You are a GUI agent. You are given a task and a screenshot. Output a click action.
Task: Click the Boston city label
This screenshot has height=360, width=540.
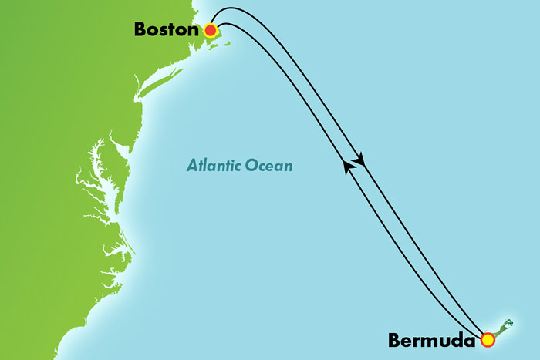(167, 30)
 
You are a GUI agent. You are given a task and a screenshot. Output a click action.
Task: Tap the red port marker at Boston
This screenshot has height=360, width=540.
(210, 31)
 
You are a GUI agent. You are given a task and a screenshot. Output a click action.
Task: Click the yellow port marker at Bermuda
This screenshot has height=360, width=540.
(487, 338)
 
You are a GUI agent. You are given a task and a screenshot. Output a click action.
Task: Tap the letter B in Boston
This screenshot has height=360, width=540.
(140, 30)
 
